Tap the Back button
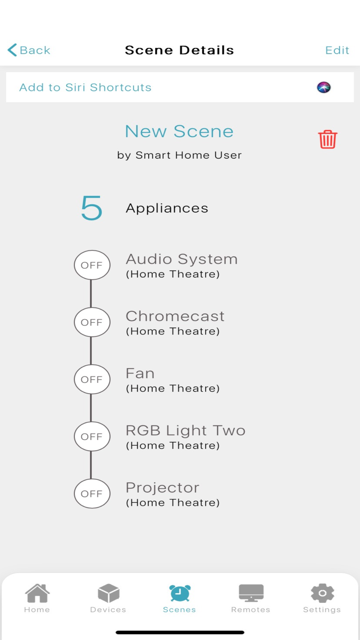click(29, 50)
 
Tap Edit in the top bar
click(337, 50)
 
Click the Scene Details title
click(179, 50)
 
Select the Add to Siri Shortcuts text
click(85, 87)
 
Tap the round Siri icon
click(324, 87)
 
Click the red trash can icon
click(327, 139)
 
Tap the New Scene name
click(179, 131)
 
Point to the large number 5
click(91, 208)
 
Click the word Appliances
click(167, 208)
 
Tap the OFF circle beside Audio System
click(92, 265)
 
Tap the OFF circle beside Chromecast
click(92, 322)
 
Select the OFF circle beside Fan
click(92, 379)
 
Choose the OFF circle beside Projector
click(92, 493)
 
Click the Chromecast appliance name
click(175, 316)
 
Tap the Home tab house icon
click(37, 593)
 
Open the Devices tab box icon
click(108, 593)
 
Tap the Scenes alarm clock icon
click(180, 593)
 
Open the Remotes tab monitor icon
click(251, 593)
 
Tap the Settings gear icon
click(322, 593)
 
